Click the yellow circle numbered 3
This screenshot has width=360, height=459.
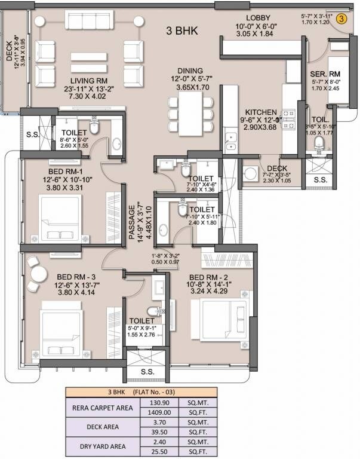click(x=341, y=19)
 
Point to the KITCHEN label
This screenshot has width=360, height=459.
click(x=261, y=112)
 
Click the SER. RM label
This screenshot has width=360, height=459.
click(x=325, y=75)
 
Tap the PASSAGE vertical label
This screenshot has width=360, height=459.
click(x=132, y=222)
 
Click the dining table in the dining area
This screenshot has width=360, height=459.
click(x=191, y=112)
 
